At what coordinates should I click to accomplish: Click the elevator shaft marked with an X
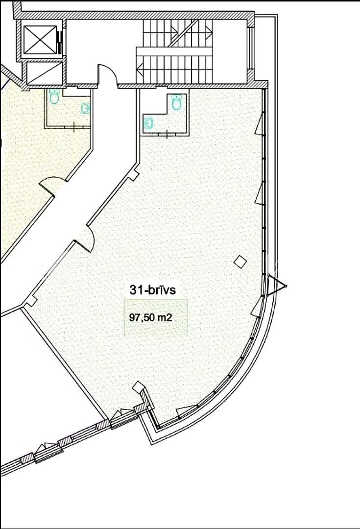40,40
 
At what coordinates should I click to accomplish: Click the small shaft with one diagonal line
45,73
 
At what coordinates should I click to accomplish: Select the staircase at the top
175,50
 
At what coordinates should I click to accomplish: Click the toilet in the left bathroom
54,96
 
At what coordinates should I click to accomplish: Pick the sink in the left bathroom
86,108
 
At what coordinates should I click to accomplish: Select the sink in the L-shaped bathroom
149,123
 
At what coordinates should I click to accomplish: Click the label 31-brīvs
152,290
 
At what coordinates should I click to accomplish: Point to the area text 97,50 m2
151,317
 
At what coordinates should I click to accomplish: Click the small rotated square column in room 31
240,262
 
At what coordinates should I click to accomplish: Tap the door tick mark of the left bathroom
74,127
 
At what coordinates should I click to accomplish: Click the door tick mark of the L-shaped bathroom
168,134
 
